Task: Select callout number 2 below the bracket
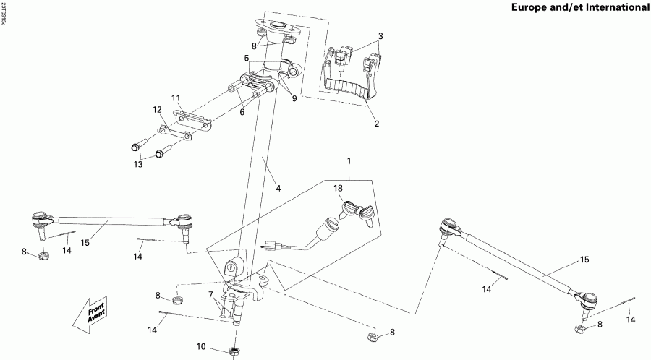[x=375, y=124]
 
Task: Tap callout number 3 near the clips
[x=380, y=36]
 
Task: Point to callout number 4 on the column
[x=278, y=189]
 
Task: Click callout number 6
[x=243, y=112]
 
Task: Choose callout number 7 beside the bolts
[x=210, y=294]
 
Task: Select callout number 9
[x=294, y=99]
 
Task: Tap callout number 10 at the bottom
[x=200, y=347]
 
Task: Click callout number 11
[x=175, y=98]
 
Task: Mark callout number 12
[x=156, y=109]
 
